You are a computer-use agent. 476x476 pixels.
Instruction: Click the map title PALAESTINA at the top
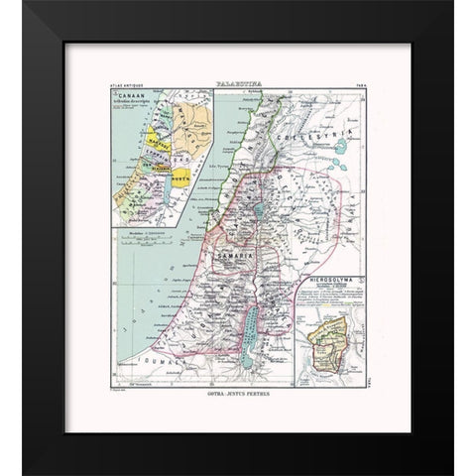[x=237, y=87]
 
